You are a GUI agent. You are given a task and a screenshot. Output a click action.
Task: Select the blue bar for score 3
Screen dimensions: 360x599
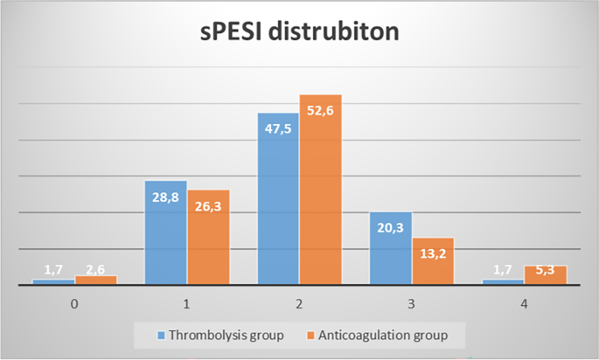[390, 249]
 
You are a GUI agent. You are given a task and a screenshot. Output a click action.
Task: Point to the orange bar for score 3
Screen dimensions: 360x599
[433, 261]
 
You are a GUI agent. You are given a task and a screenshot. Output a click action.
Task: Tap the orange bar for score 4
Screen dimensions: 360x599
[546, 275]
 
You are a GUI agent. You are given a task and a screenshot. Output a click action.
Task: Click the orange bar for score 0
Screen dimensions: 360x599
[96, 280]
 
